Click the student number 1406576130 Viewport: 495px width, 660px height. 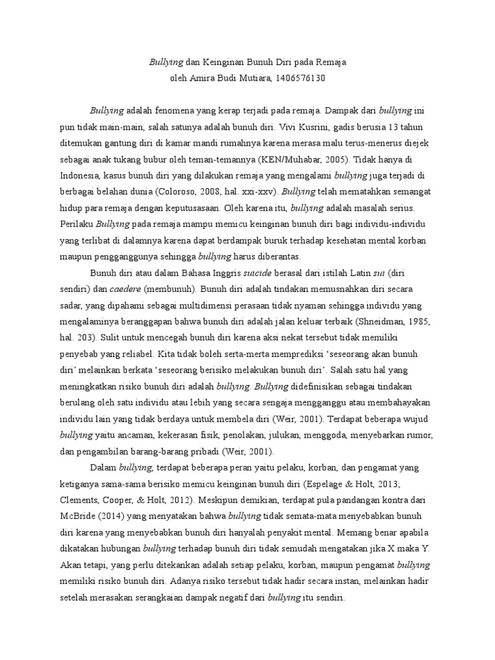click(299, 79)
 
